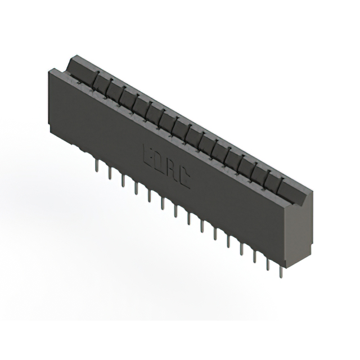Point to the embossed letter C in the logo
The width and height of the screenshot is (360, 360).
point(184,179)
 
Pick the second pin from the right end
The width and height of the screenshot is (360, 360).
point(267,262)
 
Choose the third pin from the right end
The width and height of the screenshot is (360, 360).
point(254,254)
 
